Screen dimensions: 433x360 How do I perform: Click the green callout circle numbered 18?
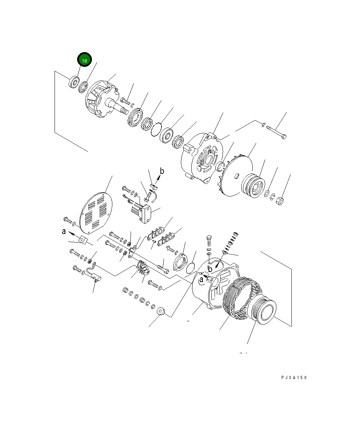[84, 61]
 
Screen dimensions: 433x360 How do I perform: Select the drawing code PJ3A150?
[294, 378]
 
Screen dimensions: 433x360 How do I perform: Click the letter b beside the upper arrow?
[162, 171]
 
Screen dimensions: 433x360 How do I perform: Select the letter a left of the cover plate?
[64, 232]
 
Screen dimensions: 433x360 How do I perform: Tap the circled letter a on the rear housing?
[201, 278]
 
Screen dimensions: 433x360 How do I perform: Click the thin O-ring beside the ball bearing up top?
[155, 129]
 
